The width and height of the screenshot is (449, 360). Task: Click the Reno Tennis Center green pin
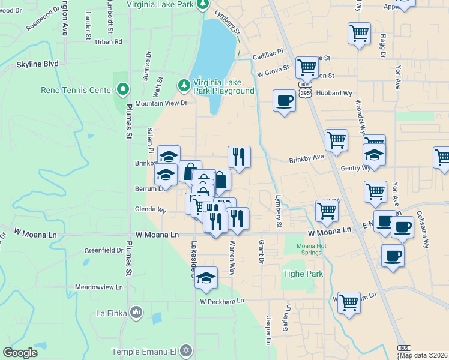[x=123, y=90]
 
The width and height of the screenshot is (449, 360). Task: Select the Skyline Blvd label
[x=37, y=63]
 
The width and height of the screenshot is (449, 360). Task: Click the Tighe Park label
[x=303, y=274]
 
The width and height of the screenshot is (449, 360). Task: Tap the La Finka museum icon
[x=136, y=313]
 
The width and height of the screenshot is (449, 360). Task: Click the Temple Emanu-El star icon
[x=186, y=350]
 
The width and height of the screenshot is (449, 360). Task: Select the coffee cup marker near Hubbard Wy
[x=284, y=100]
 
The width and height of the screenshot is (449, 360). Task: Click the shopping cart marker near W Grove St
[x=307, y=68]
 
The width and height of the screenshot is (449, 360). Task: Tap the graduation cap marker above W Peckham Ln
[x=206, y=277]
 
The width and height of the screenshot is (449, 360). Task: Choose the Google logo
[x=20, y=352]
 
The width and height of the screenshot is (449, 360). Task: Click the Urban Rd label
[x=109, y=42]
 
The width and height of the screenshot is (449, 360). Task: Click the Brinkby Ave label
[x=306, y=159]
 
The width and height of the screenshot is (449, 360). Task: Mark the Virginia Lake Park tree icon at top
[x=203, y=4]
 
